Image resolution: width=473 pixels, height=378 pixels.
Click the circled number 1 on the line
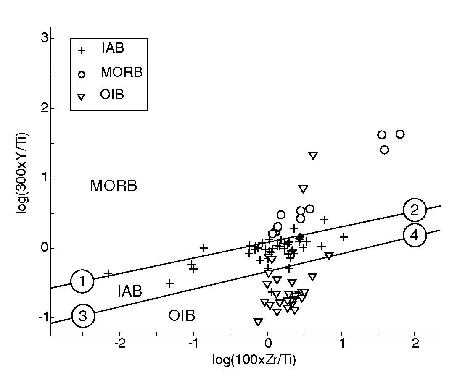coord(82,281)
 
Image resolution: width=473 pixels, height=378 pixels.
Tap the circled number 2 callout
coord(415,210)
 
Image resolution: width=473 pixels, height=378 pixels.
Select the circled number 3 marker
coord(83,316)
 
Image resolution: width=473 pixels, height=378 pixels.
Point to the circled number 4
coord(415,236)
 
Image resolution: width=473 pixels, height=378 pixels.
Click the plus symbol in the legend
coord(82,50)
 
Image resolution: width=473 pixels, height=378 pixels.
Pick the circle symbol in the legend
coord(82,74)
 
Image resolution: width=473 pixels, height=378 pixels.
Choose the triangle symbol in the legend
coord(82,97)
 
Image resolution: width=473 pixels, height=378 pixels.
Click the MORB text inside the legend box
coord(122,73)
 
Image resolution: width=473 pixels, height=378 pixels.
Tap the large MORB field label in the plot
coord(114,186)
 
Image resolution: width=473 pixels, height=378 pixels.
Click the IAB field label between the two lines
coord(129,291)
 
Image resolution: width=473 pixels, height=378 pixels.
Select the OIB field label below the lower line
coord(182,316)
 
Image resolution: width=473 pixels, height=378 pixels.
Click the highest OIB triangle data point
coord(313,156)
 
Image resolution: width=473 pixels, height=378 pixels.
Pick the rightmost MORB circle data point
coord(400,134)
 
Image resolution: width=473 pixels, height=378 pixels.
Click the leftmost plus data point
coord(108,274)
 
